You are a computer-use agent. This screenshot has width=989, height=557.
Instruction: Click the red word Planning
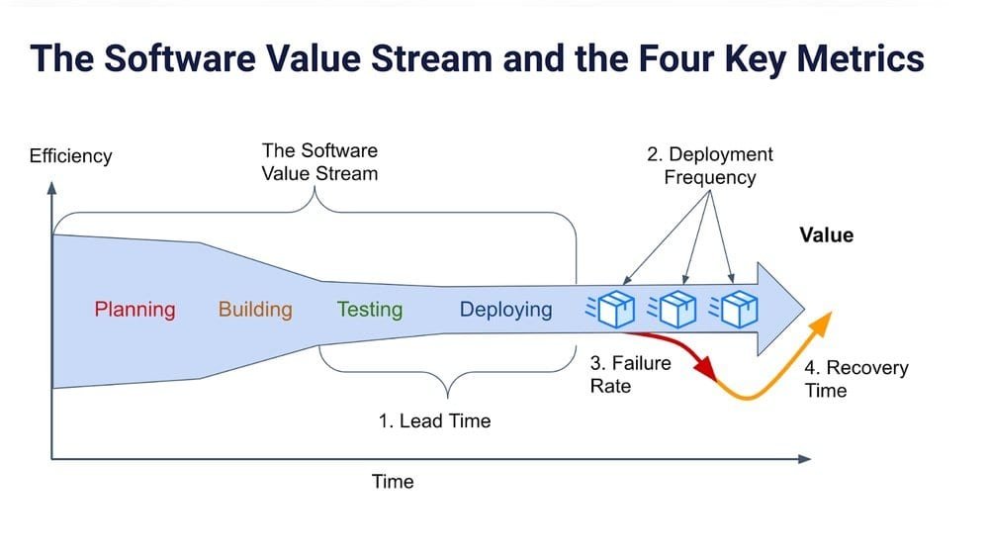coord(135,310)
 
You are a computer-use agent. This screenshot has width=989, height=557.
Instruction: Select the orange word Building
coord(255,310)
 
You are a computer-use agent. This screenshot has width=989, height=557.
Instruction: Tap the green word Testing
coord(370,310)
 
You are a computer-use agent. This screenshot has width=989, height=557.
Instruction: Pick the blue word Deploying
coord(505,310)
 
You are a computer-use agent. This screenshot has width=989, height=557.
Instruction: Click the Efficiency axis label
coord(70,156)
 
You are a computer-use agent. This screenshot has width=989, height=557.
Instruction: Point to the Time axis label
coord(393,482)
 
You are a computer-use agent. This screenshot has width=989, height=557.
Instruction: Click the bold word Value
coord(826,235)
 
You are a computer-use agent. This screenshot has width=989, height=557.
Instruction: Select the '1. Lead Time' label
coord(434,420)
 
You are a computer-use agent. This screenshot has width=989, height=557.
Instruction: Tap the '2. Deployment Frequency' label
coord(709,166)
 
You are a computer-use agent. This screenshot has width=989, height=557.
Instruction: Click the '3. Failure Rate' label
coord(630,374)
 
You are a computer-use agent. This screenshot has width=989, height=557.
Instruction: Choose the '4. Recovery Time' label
coord(855,379)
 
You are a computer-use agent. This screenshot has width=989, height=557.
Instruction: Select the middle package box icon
coord(678,309)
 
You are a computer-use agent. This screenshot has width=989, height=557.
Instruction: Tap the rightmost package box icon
coord(738,309)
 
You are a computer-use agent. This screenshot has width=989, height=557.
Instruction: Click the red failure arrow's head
coord(706,368)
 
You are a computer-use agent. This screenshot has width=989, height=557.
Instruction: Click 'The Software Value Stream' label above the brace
coord(319,162)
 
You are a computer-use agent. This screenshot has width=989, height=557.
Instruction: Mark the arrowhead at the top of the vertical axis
coord(51,185)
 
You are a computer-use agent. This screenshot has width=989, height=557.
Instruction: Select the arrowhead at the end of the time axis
coord(804,458)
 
